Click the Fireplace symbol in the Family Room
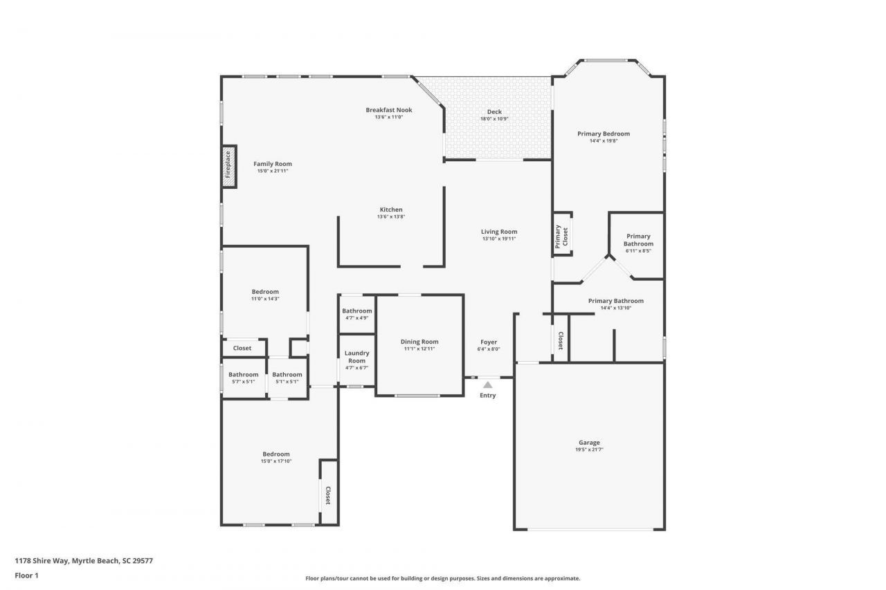point(228,166)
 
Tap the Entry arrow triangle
point(487,385)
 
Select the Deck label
point(494,112)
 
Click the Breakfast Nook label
point(389,110)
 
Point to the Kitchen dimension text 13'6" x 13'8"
point(390,217)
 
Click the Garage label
point(589,443)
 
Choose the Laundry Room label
point(356,357)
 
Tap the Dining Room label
point(419,342)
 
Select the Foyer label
point(489,342)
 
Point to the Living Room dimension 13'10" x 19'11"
point(499,239)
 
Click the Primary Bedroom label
point(604,133)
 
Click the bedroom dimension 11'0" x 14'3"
point(265,299)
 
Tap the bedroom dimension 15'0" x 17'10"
point(275,461)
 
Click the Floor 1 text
point(26,575)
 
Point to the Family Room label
point(272,164)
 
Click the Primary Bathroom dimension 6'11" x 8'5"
point(638,251)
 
